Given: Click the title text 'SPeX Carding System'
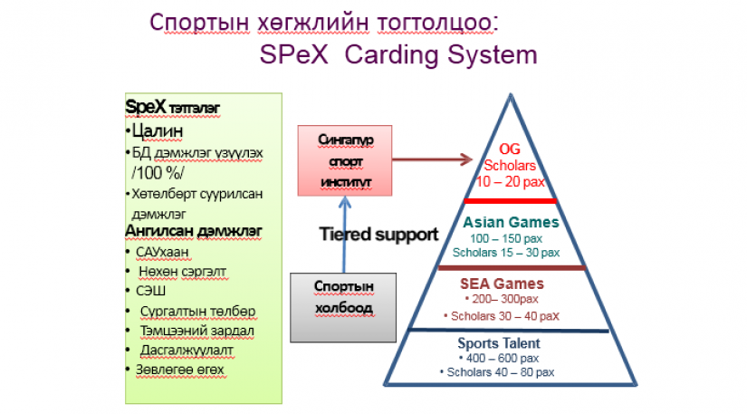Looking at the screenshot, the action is [x=398, y=54].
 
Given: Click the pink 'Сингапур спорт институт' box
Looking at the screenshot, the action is [x=345, y=160].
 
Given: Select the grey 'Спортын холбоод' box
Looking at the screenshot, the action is [x=343, y=307].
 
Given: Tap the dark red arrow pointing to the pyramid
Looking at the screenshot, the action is [x=432, y=159].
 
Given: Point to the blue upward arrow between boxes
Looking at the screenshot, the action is [x=344, y=235].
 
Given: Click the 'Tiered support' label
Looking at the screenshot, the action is [x=378, y=234].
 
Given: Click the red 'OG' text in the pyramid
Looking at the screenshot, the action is [x=509, y=149].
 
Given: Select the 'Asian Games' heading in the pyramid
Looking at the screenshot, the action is [x=511, y=222].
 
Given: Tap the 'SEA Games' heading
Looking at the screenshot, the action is [x=502, y=284].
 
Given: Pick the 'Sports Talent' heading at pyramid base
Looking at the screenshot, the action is [x=499, y=343].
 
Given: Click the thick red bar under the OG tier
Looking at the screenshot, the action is [x=511, y=201].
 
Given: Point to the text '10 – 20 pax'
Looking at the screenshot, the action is [x=511, y=181].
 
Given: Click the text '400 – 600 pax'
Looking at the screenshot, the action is [x=503, y=358].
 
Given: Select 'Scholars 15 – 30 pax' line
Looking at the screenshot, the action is [x=506, y=253].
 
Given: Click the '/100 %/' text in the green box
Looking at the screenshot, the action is [x=158, y=172].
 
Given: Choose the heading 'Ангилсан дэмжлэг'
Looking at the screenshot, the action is [x=194, y=231].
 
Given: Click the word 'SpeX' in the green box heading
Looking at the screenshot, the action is [x=146, y=107].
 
